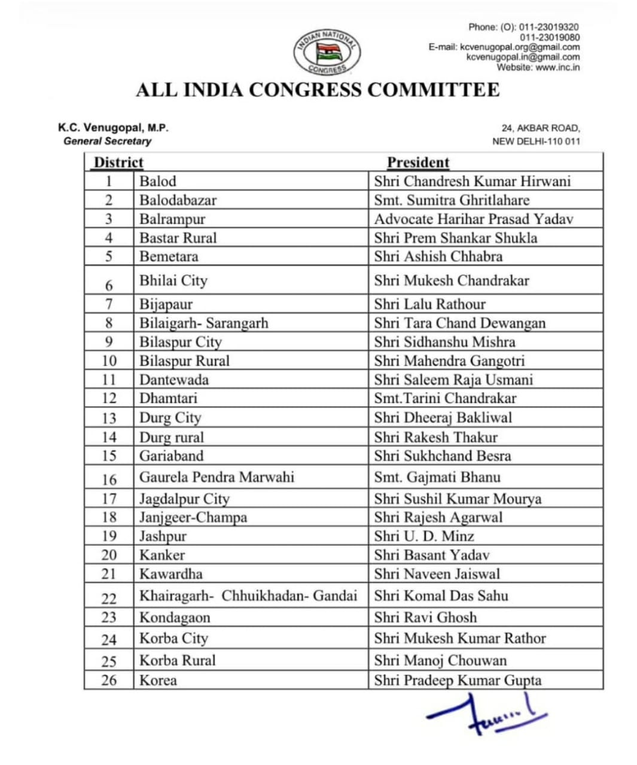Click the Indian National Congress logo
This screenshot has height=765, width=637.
tap(327, 53)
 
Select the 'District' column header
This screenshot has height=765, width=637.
tap(118, 163)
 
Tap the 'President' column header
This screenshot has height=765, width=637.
tap(417, 163)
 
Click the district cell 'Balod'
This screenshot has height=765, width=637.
tap(158, 181)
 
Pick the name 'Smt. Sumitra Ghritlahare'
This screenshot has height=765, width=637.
tap(452, 200)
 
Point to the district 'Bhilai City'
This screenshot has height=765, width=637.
tap(173, 280)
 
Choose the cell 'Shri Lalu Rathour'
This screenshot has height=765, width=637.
tap(429, 304)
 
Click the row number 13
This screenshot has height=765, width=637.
tap(109, 418)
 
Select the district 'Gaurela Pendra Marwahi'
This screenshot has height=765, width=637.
tap(217, 477)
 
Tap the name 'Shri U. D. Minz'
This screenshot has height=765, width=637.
tap(423, 536)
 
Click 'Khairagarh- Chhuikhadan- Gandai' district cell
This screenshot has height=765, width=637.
tap(248, 596)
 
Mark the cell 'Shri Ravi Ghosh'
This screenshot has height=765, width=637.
tap(425, 617)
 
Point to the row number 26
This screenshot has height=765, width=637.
tap(109, 680)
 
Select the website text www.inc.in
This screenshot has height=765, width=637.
tap(557, 68)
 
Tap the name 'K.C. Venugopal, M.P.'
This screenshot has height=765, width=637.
tap(113, 128)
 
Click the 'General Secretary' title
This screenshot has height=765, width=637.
tap(107, 141)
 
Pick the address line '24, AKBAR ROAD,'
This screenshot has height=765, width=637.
tap(541, 128)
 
